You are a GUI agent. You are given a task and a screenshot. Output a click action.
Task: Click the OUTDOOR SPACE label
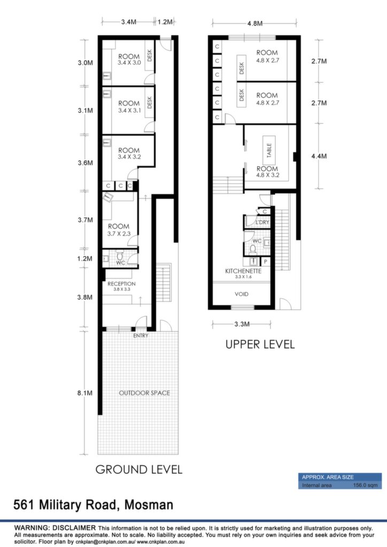coord(144,393)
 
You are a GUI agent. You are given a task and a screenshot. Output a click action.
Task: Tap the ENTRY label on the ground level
coord(141,335)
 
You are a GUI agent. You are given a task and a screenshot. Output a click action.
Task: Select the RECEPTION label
coord(121,284)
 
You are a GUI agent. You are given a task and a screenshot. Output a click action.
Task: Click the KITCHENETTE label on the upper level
coord(243,271)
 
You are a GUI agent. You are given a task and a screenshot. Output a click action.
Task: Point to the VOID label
coord(242,294)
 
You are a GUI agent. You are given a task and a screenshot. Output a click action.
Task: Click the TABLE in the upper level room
coord(269,150)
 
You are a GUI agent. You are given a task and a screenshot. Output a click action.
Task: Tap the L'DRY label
coord(262,222)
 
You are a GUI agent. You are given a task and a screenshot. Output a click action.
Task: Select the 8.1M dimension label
coord(85,393)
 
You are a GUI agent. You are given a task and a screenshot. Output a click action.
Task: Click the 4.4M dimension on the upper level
coord(319,157)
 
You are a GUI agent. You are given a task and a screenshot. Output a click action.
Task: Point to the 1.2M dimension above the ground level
coord(165,22)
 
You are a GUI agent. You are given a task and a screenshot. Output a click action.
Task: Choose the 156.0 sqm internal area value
coord(366,485)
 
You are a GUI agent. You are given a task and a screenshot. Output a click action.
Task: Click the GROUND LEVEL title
coord(139,470)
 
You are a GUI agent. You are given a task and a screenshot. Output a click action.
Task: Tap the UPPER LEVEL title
coord(260,345)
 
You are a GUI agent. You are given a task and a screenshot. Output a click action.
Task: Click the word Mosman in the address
coord(149,505)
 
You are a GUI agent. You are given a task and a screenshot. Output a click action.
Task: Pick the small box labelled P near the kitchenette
coord(266,262)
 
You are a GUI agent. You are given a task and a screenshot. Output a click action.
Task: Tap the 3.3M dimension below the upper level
coord(242,324)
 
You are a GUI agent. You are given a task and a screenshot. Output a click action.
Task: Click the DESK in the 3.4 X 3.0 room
coord(150,55)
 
